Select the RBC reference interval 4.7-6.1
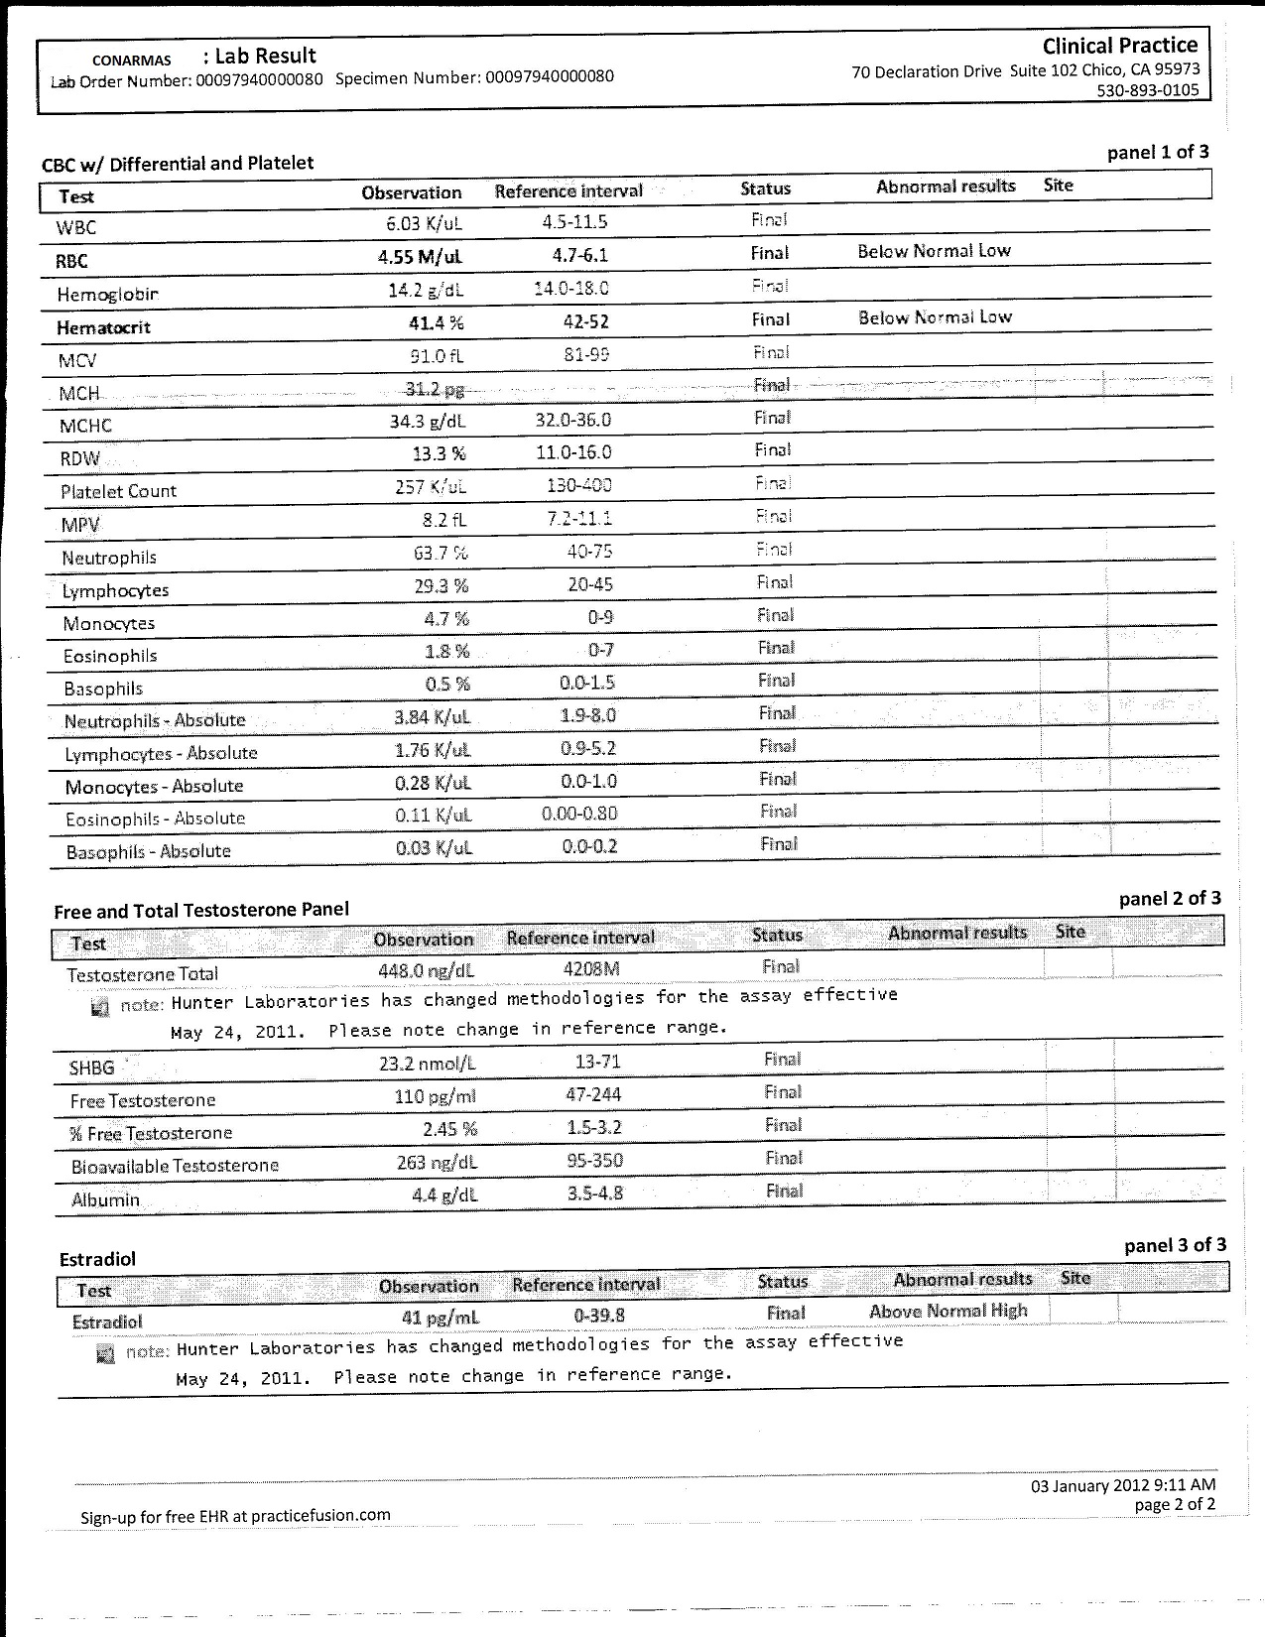click(580, 255)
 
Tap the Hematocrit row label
click(103, 327)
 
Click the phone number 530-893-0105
click(1147, 90)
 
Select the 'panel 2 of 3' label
click(1170, 899)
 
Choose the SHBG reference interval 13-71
click(597, 1061)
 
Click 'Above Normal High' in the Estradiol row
click(948, 1312)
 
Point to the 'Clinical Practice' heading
click(1119, 46)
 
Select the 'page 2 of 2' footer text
click(1175, 1504)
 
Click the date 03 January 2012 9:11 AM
click(1123, 1485)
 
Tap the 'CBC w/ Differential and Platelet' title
click(178, 164)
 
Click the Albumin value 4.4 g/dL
click(444, 1196)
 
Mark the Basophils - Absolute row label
click(148, 851)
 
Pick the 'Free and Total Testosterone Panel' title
click(201, 910)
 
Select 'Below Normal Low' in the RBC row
click(934, 251)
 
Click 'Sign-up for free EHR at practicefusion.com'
click(235, 1516)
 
